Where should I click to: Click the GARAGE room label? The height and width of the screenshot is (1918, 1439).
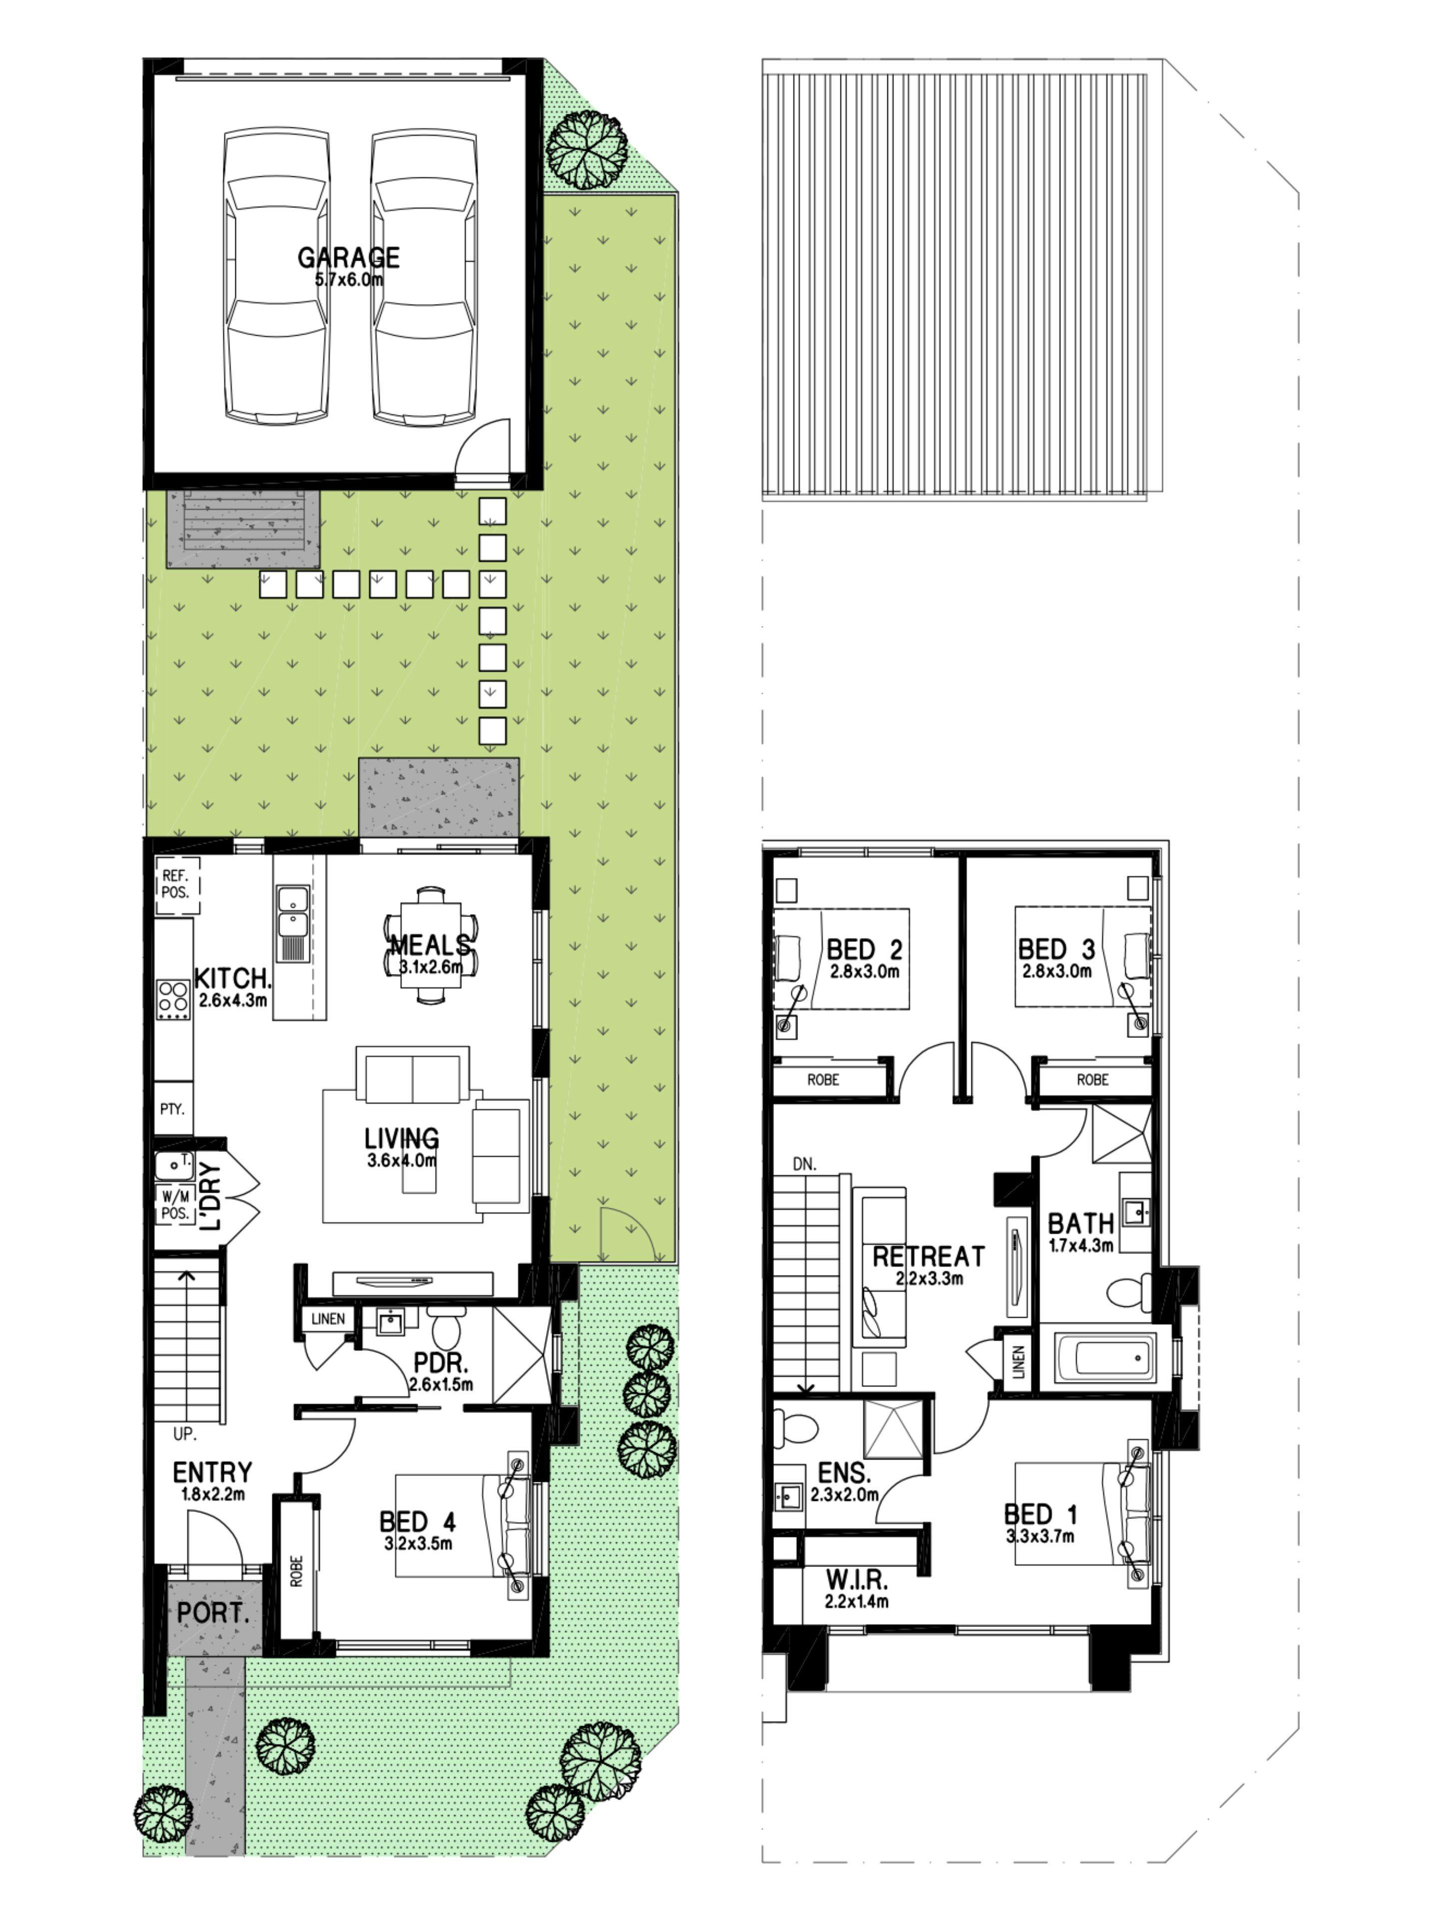(x=349, y=258)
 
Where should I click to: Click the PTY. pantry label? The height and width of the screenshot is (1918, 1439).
(x=172, y=1108)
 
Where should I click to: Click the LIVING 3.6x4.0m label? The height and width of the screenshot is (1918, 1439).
(x=402, y=1146)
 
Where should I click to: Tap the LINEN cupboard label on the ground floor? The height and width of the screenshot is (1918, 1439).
(x=328, y=1319)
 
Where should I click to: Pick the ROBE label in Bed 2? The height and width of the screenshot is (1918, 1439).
(x=823, y=1080)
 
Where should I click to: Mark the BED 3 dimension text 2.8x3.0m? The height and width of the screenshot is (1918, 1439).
(x=1056, y=971)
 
